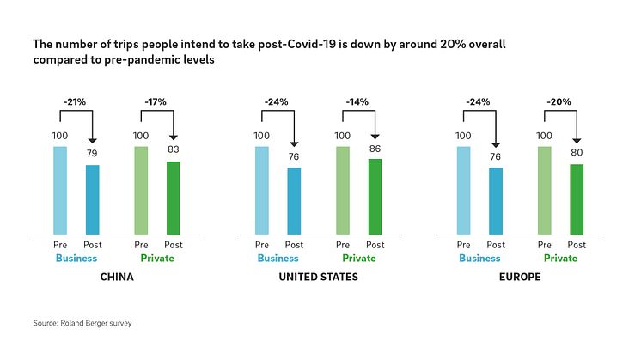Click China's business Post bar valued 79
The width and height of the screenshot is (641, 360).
[x=92, y=199]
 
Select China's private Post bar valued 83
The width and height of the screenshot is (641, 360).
[x=173, y=198]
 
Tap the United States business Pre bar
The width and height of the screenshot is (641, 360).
[x=261, y=190]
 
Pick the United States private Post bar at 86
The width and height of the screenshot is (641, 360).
[x=375, y=196]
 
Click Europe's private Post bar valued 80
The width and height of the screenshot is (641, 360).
[x=577, y=198]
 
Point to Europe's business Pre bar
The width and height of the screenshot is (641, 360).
[x=463, y=190]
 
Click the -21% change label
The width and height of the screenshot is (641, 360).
[x=76, y=101]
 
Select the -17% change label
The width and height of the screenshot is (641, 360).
[x=156, y=101]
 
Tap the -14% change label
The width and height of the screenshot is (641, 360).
[x=357, y=101]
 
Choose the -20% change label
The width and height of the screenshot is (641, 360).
[x=560, y=101]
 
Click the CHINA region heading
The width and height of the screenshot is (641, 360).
[x=116, y=278]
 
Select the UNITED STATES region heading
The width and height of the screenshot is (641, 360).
[x=318, y=278]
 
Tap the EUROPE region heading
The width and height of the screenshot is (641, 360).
[x=519, y=278]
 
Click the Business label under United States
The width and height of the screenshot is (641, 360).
[x=278, y=259]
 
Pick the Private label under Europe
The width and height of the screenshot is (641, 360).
[x=560, y=259]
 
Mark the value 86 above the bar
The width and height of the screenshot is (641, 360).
[x=375, y=149]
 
